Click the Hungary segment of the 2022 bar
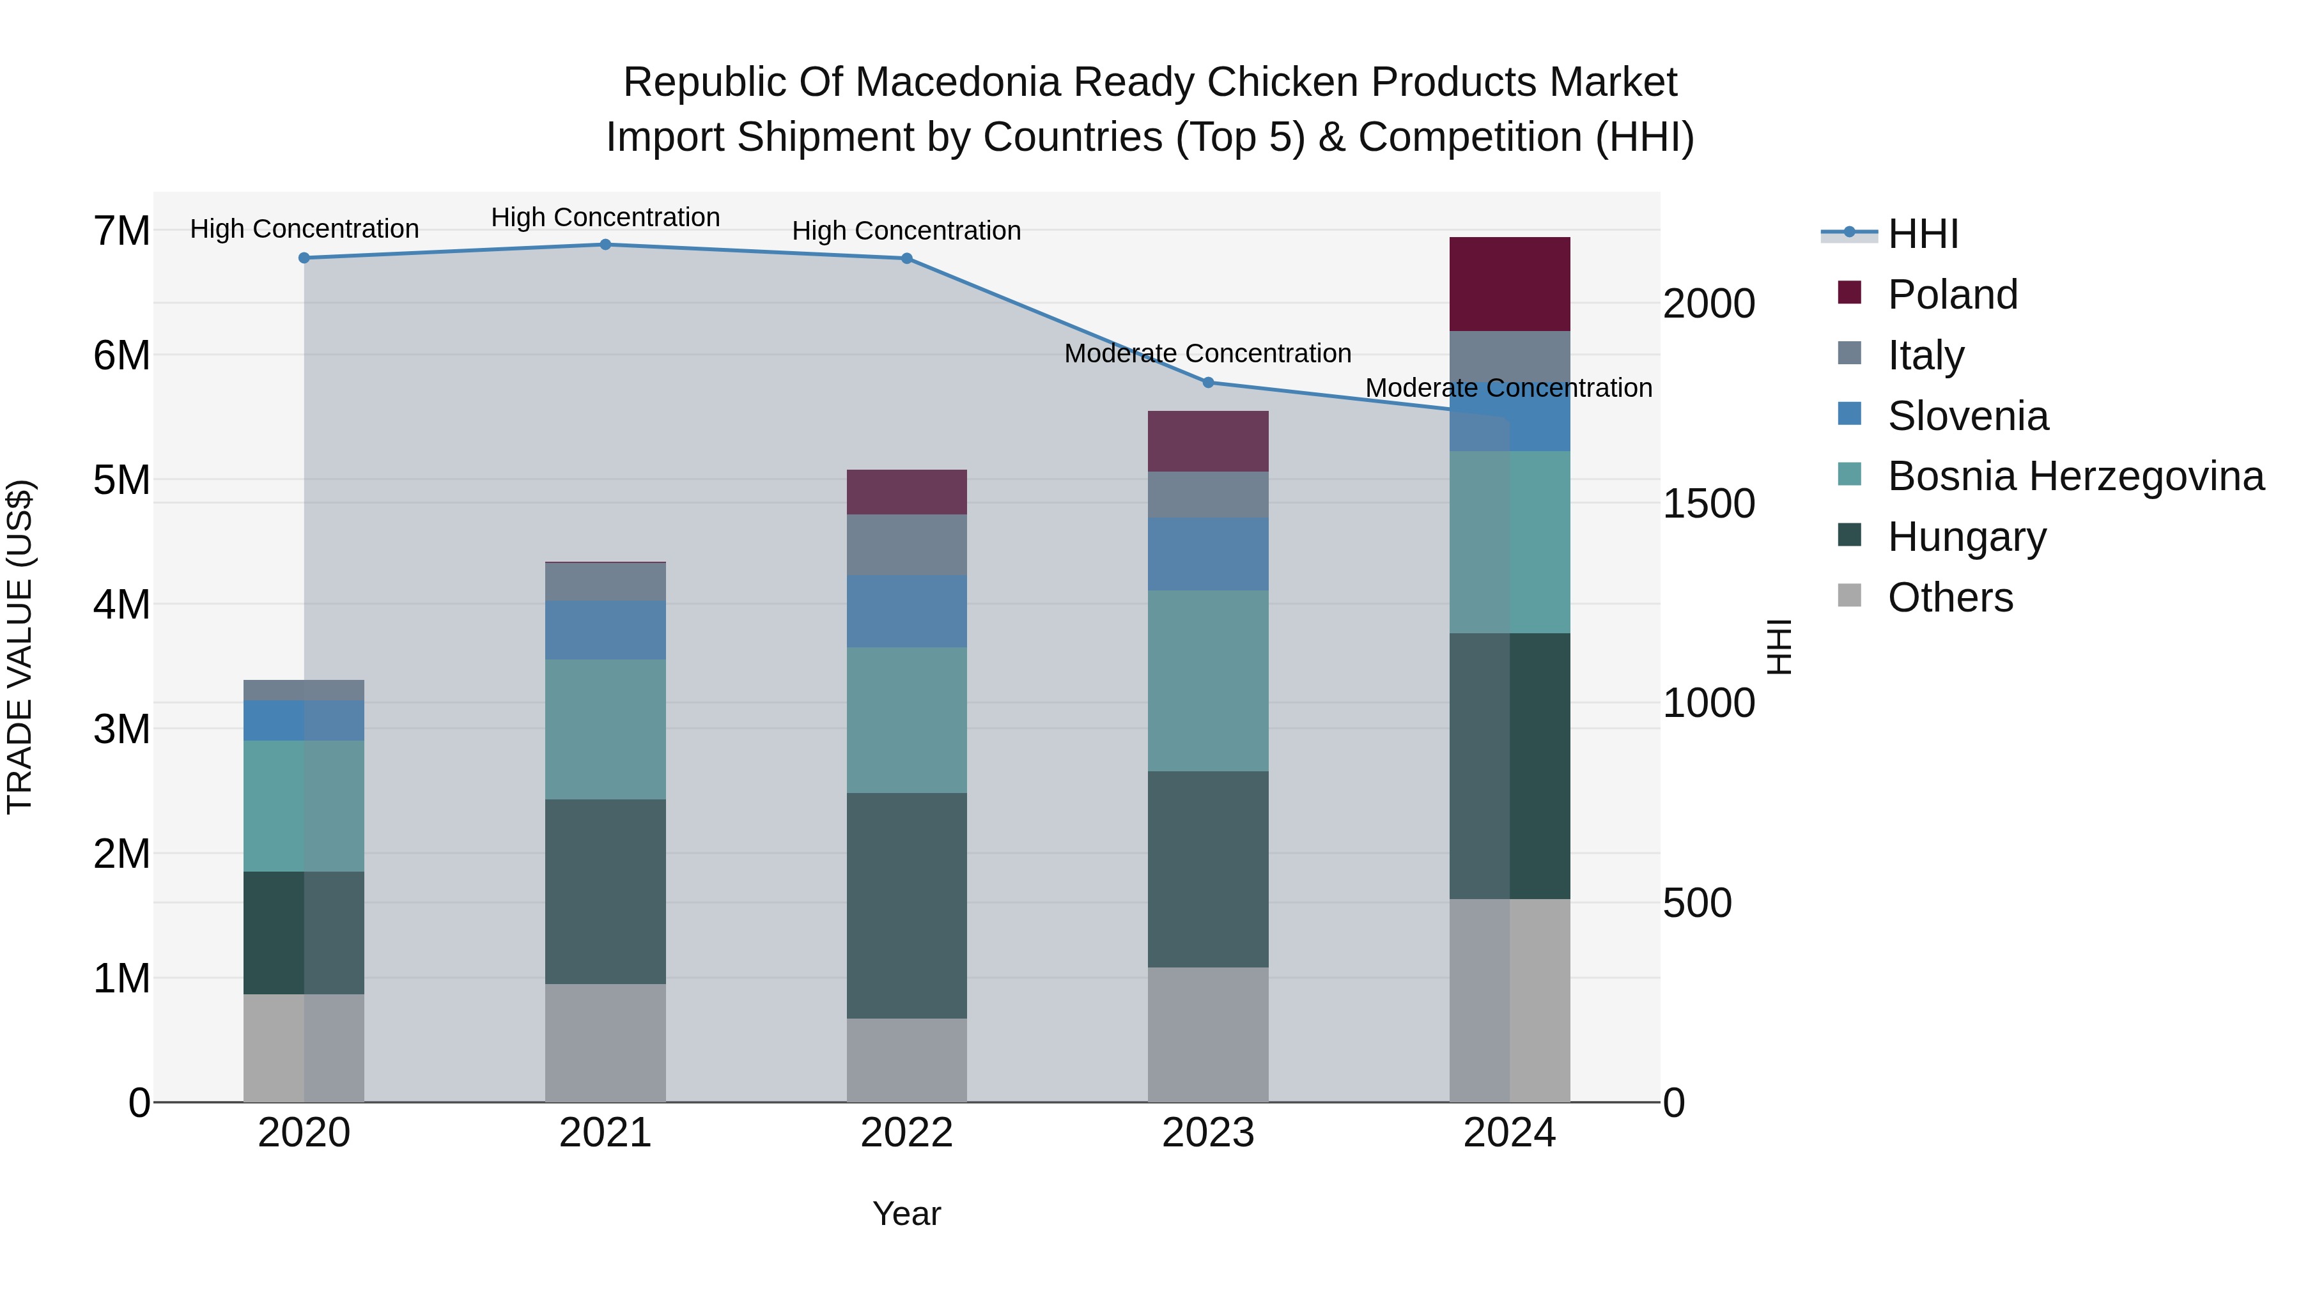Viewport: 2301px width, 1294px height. coord(906,905)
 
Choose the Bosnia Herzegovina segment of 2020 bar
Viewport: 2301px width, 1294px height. coord(304,806)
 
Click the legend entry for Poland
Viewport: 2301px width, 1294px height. coord(1952,295)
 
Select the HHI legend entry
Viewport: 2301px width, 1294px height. coord(1922,234)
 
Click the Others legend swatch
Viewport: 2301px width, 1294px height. coord(1849,596)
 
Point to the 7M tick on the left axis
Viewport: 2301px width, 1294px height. coord(121,231)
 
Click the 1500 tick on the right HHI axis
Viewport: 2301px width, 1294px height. coord(1708,504)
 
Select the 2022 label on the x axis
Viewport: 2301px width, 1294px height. coord(906,1133)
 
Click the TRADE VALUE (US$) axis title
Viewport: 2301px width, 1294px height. coord(20,647)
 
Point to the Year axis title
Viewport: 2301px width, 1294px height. coord(906,1213)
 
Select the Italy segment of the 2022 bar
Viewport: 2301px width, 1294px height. coord(906,544)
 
